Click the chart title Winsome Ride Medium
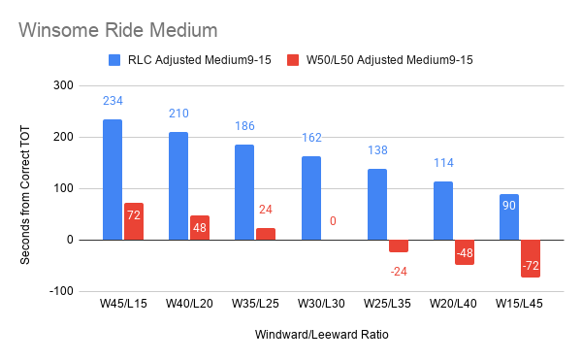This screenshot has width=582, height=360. point(118,30)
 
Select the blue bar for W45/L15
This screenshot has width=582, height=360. point(113,180)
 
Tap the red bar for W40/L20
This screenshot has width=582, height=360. point(200,227)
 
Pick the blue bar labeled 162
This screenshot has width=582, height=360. point(311,198)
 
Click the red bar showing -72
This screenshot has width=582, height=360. point(531,259)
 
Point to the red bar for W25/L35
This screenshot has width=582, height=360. point(399,246)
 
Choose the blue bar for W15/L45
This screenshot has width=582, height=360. point(509,217)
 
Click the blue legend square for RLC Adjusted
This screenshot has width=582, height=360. point(114,60)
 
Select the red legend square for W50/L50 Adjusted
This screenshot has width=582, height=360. point(293,60)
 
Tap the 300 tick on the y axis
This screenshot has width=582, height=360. point(63,85)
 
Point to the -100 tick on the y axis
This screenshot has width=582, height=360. point(61,291)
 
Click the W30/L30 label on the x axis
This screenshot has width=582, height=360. point(321,304)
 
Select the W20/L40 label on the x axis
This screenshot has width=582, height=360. point(453,304)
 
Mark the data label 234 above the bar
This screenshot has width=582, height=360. point(113,101)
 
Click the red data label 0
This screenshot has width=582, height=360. point(333,221)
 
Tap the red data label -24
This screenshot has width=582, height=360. point(399,272)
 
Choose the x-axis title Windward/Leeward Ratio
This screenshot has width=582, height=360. point(322,335)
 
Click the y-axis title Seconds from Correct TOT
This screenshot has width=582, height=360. point(25,195)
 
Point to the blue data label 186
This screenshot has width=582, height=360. point(244,126)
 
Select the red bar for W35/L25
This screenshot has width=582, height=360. point(266,234)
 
